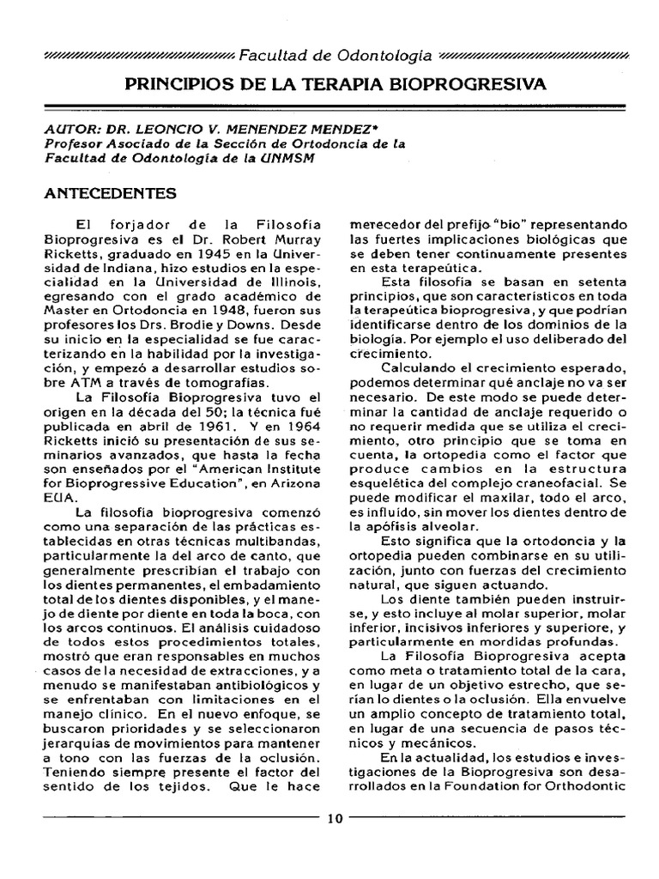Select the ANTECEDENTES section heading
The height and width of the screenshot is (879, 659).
[x=110, y=193]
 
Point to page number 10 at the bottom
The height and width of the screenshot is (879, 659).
[x=335, y=818]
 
